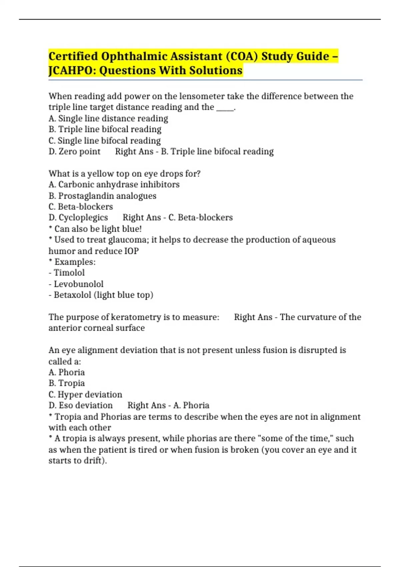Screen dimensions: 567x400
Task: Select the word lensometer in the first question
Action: tap(202, 96)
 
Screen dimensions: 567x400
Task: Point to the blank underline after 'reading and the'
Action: tap(225, 108)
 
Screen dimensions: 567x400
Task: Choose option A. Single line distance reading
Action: tap(108, 118)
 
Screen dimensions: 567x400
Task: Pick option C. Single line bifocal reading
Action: tap(105, 140)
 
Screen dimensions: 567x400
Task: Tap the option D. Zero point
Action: tap(74, 151)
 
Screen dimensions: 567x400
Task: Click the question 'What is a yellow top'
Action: tap(124, 173)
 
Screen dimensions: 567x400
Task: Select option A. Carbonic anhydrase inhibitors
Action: tap(114, 184)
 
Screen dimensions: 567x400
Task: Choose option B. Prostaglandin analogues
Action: tap(102, 196)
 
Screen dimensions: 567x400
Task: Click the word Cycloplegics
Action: tap(83, 217)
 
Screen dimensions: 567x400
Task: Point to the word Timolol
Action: tap(69, 273)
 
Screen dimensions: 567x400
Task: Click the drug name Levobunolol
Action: tap(78, 284)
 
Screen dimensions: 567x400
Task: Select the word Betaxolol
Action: tap(72, 295)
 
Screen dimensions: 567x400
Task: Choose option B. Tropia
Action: tap(67, 383)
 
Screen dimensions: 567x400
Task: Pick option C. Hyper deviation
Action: tap(85, 395)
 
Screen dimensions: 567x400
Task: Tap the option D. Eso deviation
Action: tap(81, 405)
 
